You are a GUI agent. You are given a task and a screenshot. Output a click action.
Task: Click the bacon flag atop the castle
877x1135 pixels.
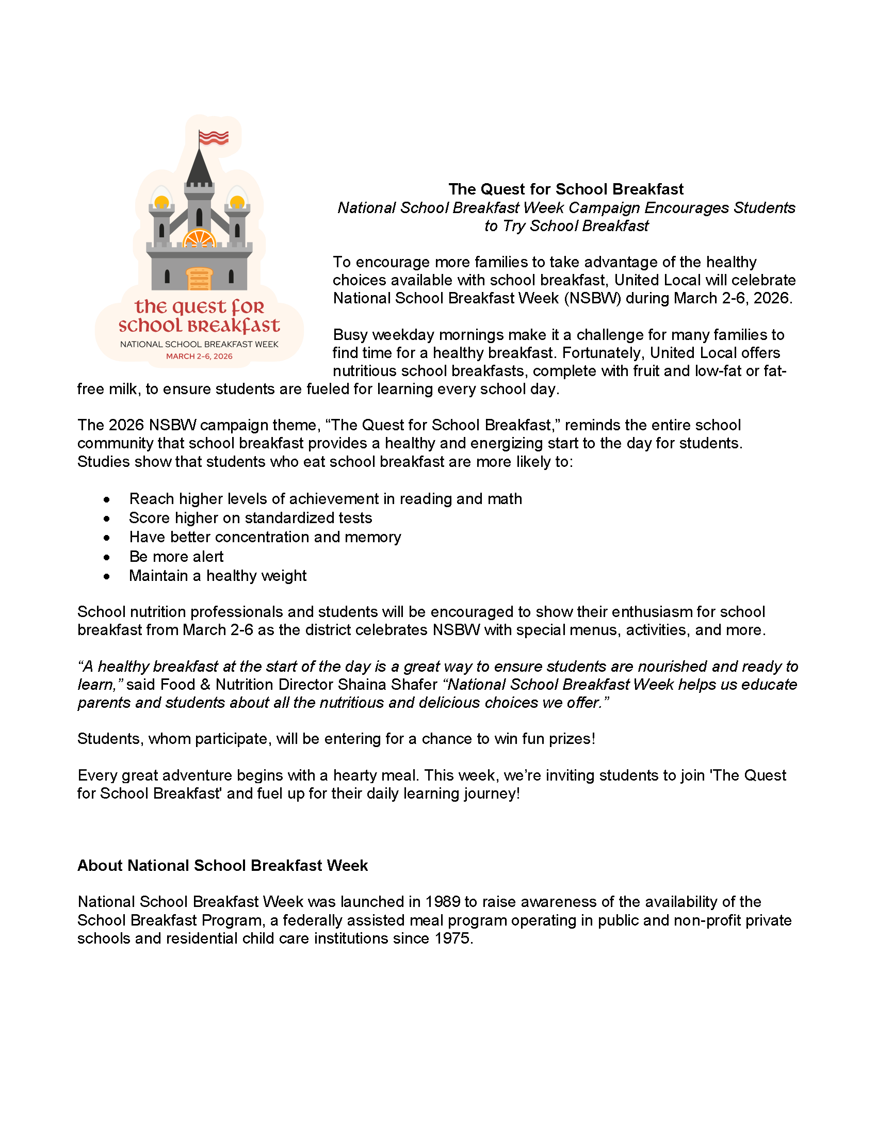pyautogui.click(x=214, y=138)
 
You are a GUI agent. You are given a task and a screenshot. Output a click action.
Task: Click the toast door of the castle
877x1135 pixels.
pyautogui.click(x=200, y=279)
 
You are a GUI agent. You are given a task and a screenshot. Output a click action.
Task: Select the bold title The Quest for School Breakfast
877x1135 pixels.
pyautogui.click(x=566, y=189)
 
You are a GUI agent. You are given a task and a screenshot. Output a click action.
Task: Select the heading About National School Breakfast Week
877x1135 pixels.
pyautogui.click(x=222, y=865)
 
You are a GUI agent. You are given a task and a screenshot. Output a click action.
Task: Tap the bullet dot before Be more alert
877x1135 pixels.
pyautogui.click(x=106, y=557)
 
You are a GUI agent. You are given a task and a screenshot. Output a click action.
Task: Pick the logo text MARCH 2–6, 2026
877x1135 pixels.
pyautogui.click(x=199, y=356)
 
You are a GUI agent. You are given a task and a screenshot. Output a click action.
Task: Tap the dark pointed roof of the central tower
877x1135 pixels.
pyautogui.click(x=199, y=168)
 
